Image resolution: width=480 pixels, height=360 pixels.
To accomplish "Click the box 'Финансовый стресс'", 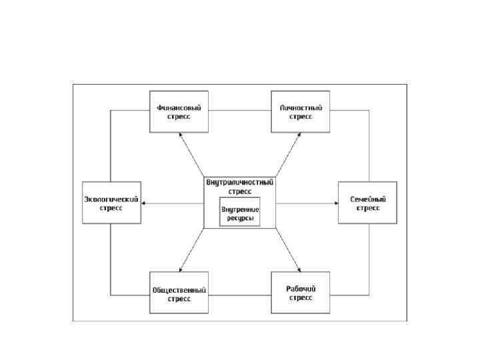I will point(178,111).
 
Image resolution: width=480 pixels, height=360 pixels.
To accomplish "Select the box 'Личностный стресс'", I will point(300,111).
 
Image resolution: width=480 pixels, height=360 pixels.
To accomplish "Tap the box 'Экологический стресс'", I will point(111,203).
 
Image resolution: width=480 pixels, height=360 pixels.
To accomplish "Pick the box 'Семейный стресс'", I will point(367,203).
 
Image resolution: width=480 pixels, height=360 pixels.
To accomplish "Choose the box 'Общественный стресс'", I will point(178,294).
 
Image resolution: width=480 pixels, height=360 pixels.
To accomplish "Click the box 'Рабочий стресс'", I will point(300,293).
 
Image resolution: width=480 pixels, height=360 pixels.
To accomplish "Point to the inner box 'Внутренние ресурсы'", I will point(240,214).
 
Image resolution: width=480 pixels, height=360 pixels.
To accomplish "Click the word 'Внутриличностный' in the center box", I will point(240,182).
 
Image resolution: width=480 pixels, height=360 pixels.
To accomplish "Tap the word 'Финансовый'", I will point(178,107).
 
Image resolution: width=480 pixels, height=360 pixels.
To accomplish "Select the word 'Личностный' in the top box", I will point(300,107).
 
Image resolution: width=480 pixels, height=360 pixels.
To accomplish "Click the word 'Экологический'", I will point(111,199).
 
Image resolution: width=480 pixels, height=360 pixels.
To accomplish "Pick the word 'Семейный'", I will point(367,199).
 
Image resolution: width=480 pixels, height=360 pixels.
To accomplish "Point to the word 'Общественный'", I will point(178,290).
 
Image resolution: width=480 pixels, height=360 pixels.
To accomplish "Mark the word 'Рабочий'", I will point(300,289).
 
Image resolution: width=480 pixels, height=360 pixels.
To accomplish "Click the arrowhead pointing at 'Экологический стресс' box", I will point(145,203).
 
